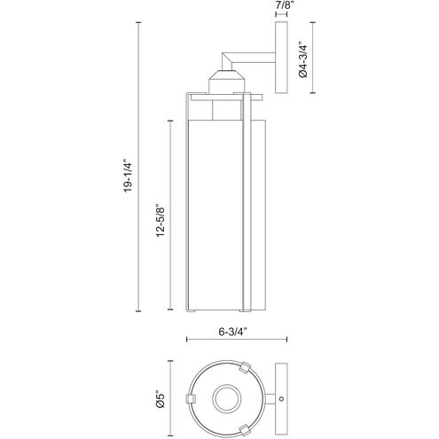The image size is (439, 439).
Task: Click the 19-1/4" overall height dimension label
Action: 128,177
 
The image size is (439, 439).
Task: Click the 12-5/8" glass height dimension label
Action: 161,221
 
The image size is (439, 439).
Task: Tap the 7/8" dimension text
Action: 281,6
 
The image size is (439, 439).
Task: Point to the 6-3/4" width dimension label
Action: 232,332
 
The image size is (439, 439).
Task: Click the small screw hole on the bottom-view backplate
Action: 281,398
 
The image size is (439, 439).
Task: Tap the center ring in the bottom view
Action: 227,398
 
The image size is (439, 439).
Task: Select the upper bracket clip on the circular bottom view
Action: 245,367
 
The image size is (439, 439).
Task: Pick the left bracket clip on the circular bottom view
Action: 191,398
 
